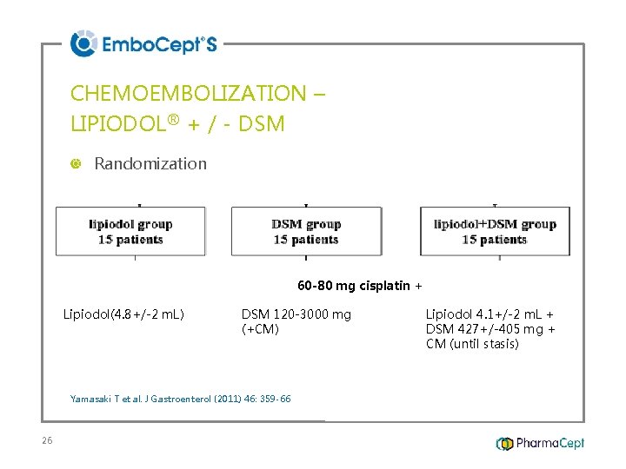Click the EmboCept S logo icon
83,43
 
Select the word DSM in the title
263,124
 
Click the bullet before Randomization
75,164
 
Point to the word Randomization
150,163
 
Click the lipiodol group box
131,231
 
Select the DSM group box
306,231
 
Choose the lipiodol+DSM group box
495,231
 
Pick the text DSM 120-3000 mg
296,314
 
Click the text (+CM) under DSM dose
260,329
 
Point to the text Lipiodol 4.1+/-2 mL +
489,314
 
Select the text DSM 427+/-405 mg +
490,329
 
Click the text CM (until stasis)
472,344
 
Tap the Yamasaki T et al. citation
180,399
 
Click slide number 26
47,441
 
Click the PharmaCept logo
540,444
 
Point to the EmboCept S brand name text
159,44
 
